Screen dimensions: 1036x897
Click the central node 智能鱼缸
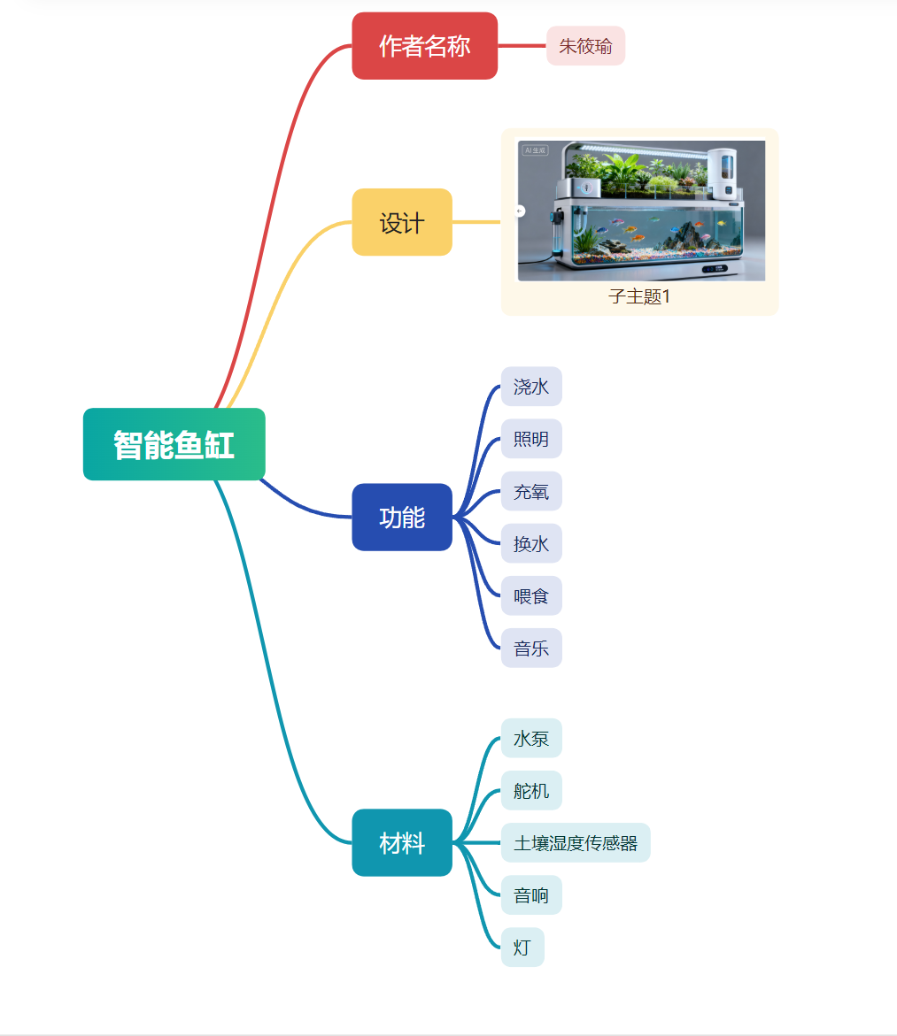pyautogui.click(x=174, y=444)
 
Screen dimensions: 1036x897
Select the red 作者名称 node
pyautogui.click(x=424, y=46)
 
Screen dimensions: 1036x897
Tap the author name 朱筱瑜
pyautogui.click(x=585, y=46)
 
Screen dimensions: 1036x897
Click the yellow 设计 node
pyautogui.click(x=402, y=222)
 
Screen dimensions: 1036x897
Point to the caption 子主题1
pyautogui.click(x=639, y=296)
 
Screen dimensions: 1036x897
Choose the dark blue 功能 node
pyautogui.click(x=402, y=517)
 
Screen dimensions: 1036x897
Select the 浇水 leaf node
pyautogui.click(x=531, y=387)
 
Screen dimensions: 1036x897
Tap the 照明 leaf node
pyautogui.click(x=531, y=439)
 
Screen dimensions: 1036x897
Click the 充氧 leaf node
pyautogui.click(x=531, y=491)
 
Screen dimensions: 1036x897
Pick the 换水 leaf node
pyautogui.click(x=531, y=543)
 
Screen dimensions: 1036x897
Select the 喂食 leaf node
pyautogui.click(x=531, y=595)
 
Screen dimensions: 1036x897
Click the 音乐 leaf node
pyautogui.click(x=531, y=648)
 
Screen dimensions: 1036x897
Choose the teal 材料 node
pyautogui.click(x=402, y=842)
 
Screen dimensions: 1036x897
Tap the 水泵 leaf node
pyautogui.click(x=531, y=738)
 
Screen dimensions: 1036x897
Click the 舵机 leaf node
pyautogui.click(x=531, y=790)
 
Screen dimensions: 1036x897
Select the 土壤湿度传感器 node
pyautogui.click(x=576, y=842)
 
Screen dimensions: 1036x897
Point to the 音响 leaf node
pyautogui.click(x=531, y=895)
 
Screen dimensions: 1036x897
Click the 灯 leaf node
pyautogui.click(x=522, y=948)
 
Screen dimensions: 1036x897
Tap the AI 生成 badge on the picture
pyautogui.click(x=535, y=150)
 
